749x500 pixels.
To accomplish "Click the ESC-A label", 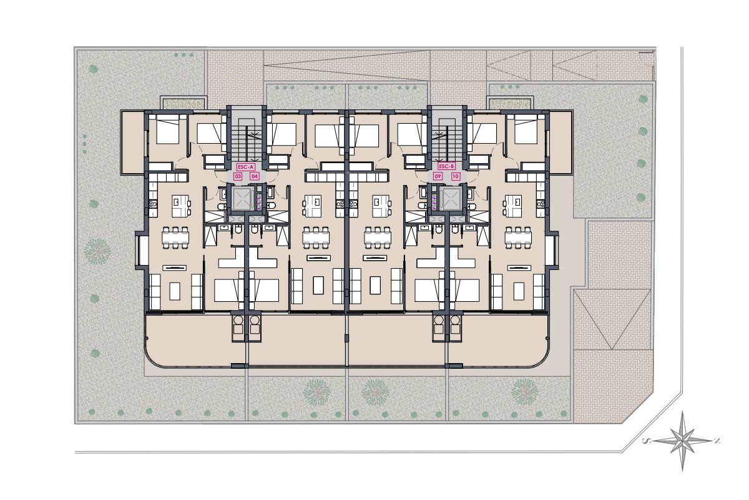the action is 246,167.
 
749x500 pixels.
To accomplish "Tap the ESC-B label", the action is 447,166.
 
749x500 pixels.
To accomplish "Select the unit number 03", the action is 238,176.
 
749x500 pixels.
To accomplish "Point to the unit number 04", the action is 255,176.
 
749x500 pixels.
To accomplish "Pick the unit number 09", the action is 438,176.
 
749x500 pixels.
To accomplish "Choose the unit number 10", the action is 456,176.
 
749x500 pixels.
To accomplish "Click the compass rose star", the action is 682,441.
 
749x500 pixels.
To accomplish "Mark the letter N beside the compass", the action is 717,441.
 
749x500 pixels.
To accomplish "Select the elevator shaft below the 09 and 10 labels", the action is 451,199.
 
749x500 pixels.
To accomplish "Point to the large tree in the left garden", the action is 97,251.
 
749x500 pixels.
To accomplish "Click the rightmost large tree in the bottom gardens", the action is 525,392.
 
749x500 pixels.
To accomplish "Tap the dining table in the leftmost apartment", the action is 175,237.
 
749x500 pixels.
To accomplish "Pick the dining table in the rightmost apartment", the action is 518,237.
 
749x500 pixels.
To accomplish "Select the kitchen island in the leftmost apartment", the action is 180,206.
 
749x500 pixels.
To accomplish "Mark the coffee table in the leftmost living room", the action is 175,291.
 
